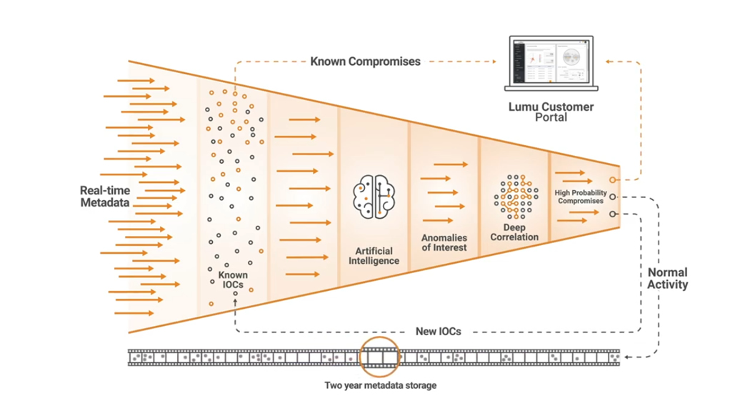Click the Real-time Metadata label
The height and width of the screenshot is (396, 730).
(105, 197)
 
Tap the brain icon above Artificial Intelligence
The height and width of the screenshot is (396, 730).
(374, 195)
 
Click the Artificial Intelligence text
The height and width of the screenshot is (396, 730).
(374, 257)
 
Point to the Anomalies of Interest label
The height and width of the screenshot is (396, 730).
(444, 242)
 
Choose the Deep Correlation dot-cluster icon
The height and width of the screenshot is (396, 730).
(514, 195)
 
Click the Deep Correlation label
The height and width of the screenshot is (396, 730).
(514, 232)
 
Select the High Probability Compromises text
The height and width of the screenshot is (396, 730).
(581, 197)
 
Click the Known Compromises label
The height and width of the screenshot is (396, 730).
(365, 61)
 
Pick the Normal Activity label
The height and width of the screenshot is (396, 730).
(668, 279)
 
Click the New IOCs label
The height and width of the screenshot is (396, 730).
(437, 332)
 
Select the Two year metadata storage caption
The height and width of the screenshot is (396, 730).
(380, 385)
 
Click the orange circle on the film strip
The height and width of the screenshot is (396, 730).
(380, 356)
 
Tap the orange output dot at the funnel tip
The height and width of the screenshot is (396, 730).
(612, 180)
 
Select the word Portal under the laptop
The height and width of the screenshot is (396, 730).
(550, 117)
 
